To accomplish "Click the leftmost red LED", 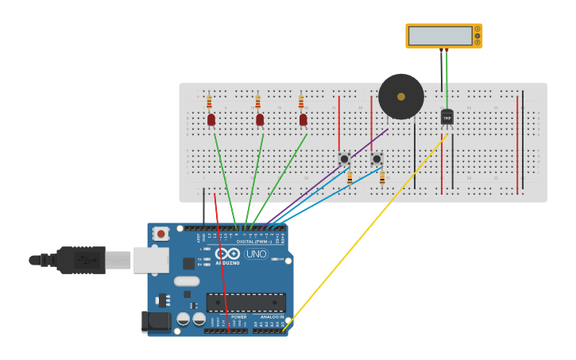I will click(x=211, y=119).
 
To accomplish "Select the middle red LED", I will click(x=260, y=119).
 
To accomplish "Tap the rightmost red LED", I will click(x=303, y=119).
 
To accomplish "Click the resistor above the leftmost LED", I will click(x=210, y=102).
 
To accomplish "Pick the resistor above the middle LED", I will click(x=257, y=102).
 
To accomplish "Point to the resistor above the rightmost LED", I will click(x=301, y=102).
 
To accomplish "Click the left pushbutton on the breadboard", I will click(x=344, y=159).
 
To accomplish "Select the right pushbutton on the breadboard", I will click(x=377, y=159).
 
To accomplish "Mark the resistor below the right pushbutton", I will click(x=382, y=178).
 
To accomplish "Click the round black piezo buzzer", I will click(x=400, y=96).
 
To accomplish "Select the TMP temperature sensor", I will click(x=446, y=118).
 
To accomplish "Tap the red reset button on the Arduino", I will click(x=161, y=234).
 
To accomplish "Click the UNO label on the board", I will click(x=256, y=254).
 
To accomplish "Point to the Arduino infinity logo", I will click(x=227, y=254).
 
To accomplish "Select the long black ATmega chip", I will click(x=245, y=302).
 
